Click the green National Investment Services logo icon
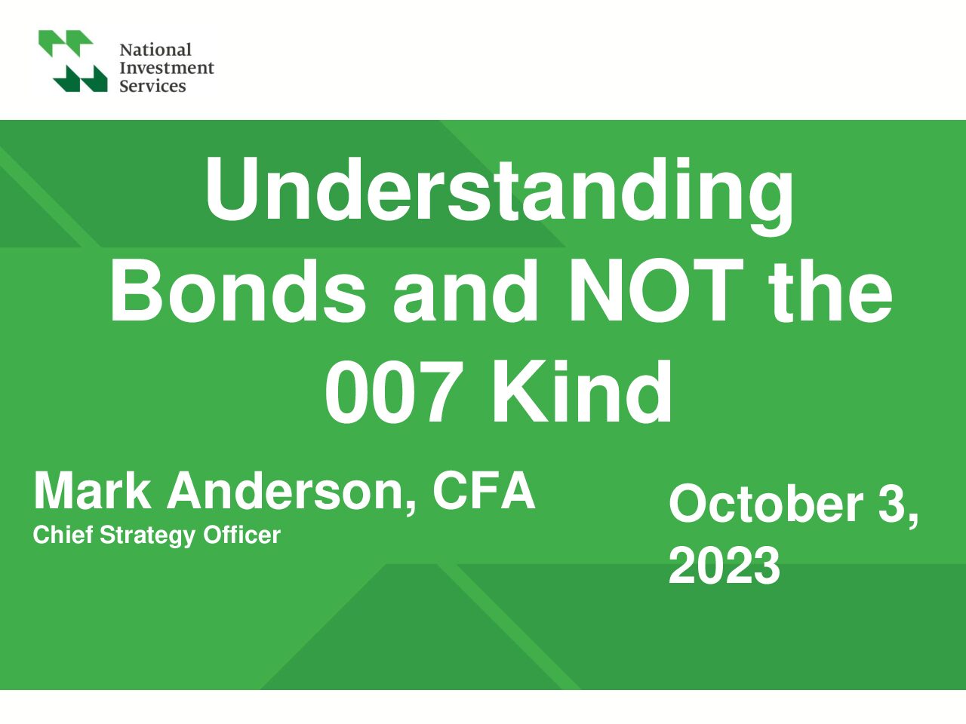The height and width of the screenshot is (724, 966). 73,60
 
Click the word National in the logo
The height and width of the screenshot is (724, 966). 155,49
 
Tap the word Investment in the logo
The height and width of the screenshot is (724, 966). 166,68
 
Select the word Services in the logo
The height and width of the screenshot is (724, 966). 152,86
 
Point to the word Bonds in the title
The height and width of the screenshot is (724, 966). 238,291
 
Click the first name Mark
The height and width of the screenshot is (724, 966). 92,490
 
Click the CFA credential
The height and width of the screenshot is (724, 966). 484,490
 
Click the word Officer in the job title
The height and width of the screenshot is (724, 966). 241,535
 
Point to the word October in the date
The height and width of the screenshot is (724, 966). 766,504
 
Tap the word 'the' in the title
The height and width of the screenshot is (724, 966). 830,291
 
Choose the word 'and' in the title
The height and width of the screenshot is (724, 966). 466,291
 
